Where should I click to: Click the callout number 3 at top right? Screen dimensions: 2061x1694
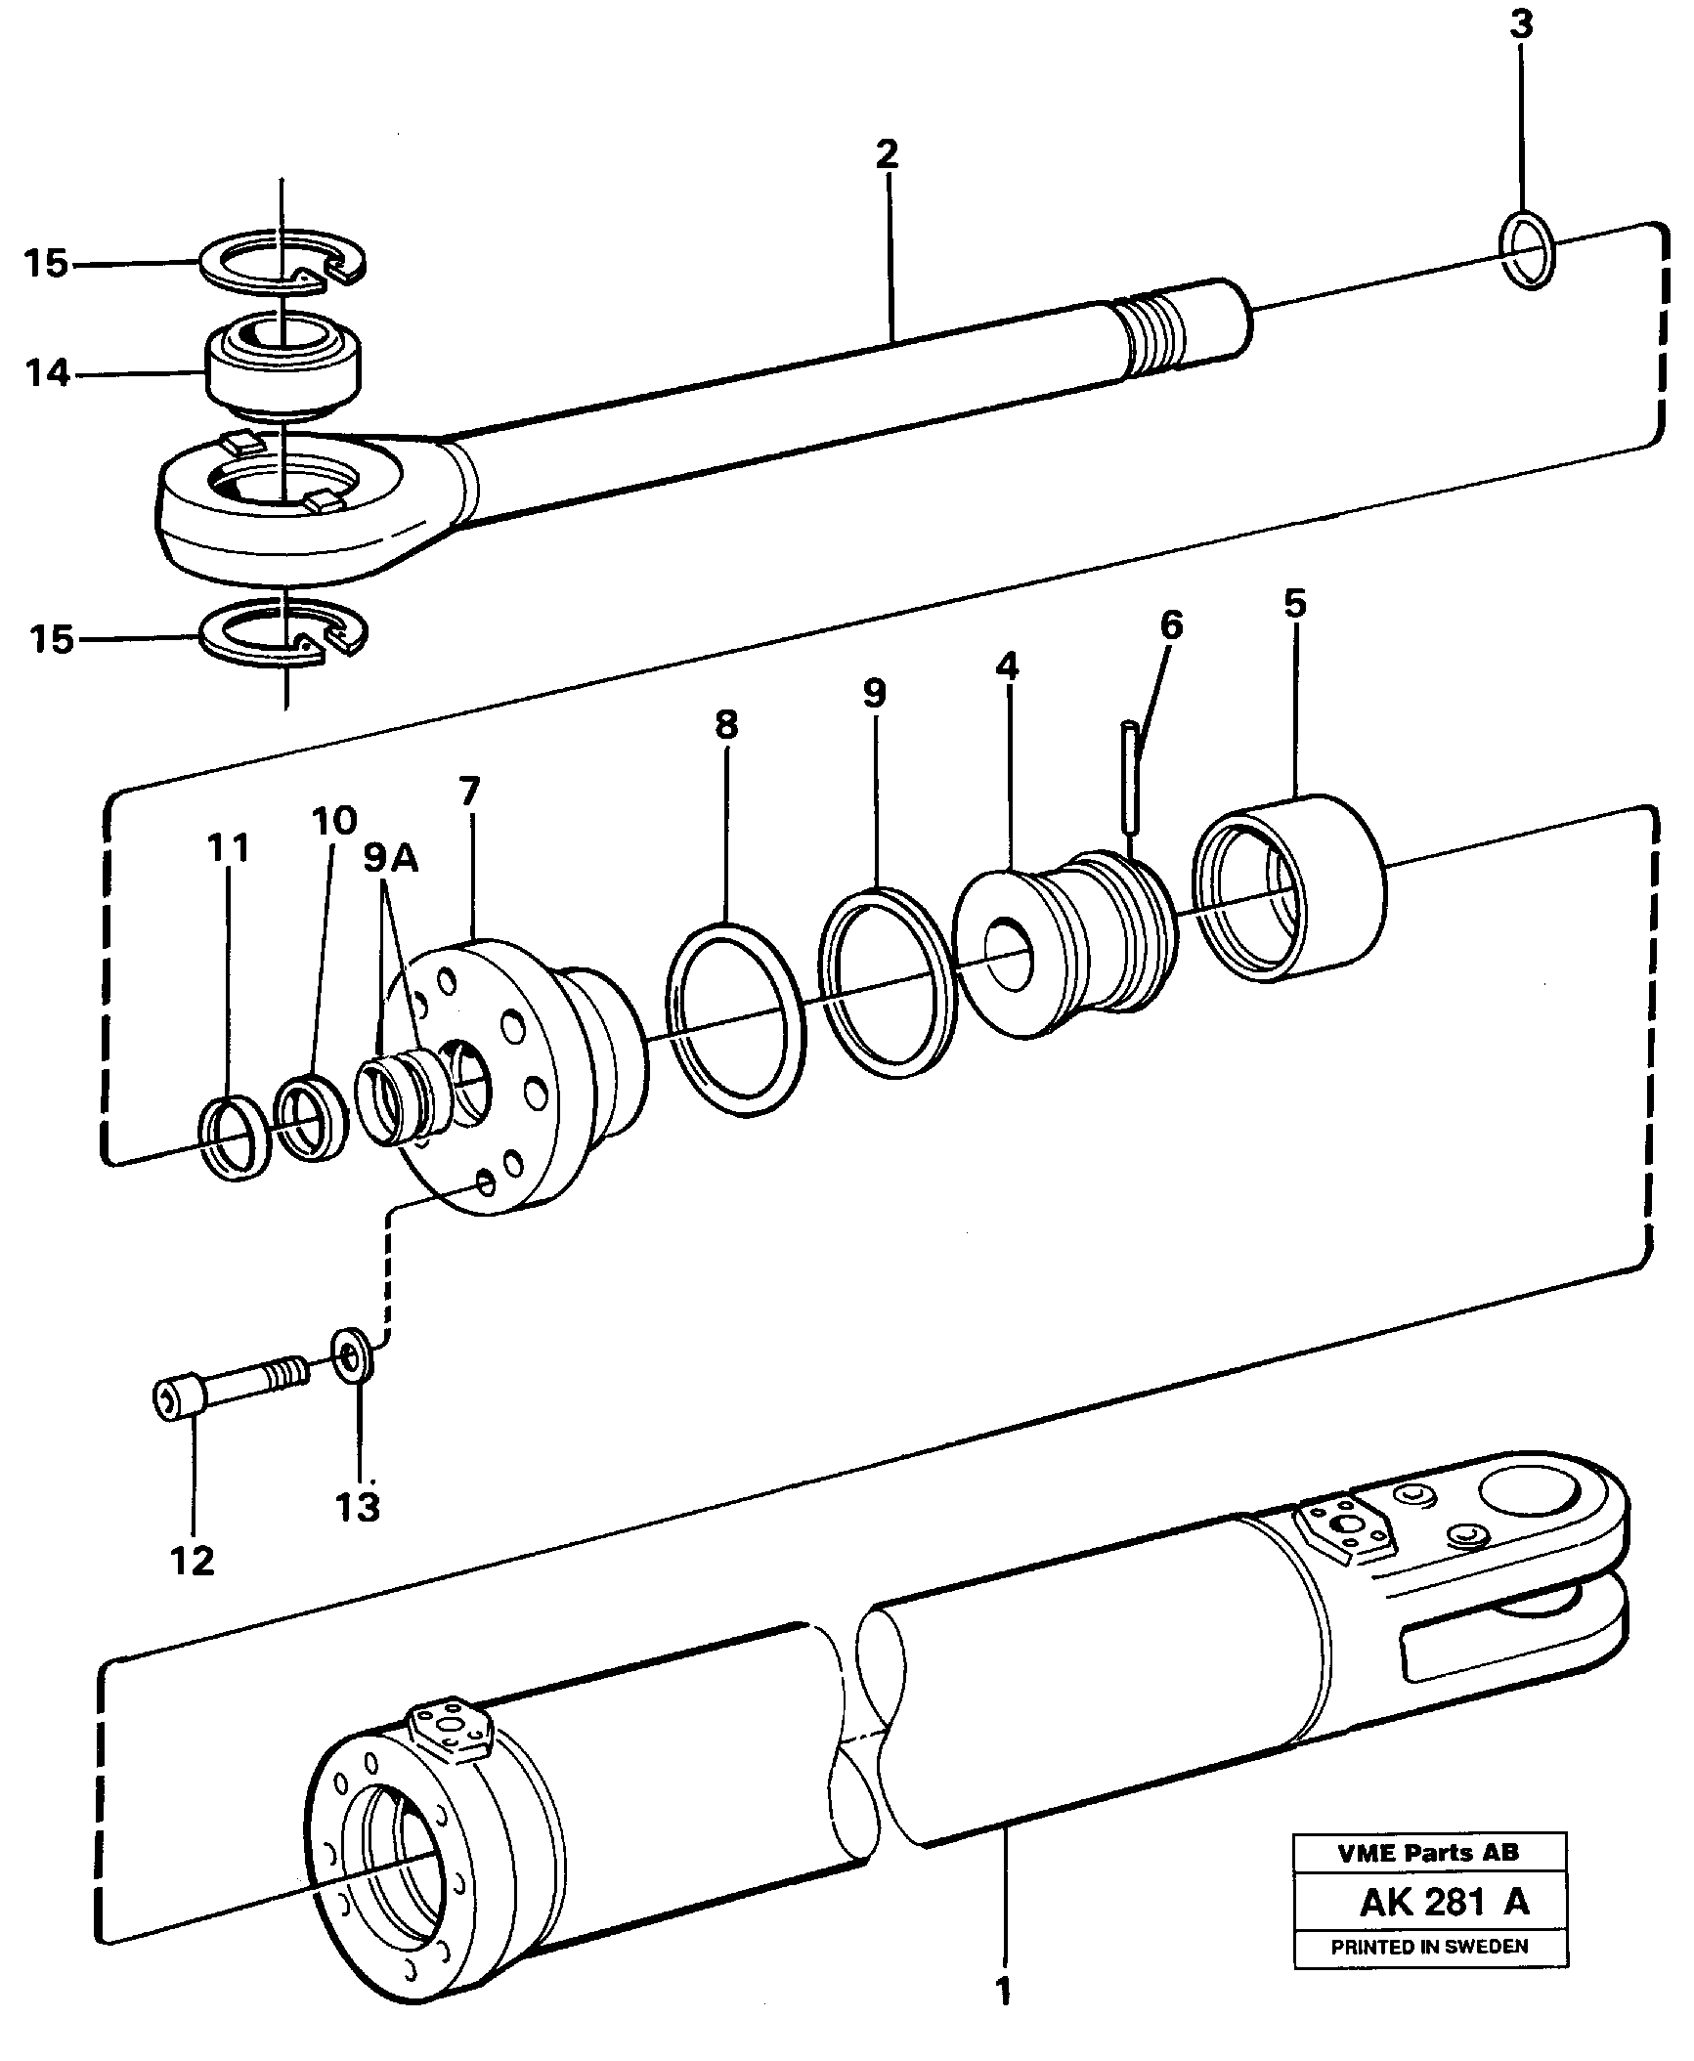(1520, 25)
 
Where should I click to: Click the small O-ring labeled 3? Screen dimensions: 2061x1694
(1525, 250)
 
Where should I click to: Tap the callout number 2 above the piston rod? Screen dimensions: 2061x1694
(886, 154)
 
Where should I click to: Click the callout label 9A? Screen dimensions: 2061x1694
(390, 859)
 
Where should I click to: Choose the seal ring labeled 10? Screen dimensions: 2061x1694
(311, 1117)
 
